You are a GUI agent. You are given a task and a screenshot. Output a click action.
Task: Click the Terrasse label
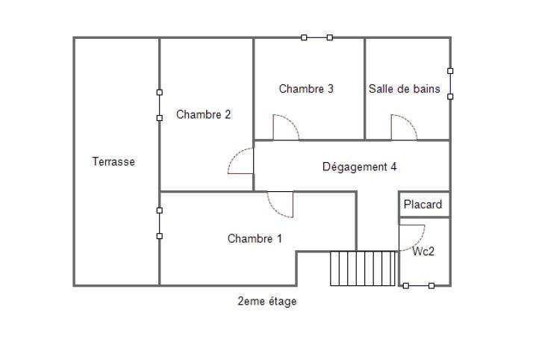[x=113, y=161]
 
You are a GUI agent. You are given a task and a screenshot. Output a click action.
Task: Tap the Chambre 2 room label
[x=203, y=114]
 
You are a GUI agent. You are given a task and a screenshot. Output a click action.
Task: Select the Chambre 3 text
[x=306, y=89]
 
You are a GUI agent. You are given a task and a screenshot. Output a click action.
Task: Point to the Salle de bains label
[x=404, y=89]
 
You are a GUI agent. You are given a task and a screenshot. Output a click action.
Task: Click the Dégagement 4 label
[x=359, y=167]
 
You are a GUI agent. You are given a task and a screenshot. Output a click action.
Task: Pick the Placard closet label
[x=423, y=205]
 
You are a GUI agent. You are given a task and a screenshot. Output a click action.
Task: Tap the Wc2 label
[x=423, y=251]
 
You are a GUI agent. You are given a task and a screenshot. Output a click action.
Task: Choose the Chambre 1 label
[x=255, y=238]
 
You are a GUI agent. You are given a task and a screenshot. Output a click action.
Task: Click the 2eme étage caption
[x=266, y=301]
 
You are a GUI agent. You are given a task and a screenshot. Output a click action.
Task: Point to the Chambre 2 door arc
[x=234, y=155]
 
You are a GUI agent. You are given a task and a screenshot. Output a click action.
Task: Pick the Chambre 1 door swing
[x=274, y=209]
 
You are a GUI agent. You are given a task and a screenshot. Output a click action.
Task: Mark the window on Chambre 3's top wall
[x=317, y=37]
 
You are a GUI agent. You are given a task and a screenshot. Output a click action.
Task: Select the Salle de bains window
[x=450, y=84]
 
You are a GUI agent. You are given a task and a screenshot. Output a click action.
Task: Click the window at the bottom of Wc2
[x=419, y=286]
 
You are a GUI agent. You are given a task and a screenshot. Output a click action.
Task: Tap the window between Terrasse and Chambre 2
[x=160, y=105]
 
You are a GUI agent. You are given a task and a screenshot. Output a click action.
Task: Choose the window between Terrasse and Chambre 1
[x=160, y=223]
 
